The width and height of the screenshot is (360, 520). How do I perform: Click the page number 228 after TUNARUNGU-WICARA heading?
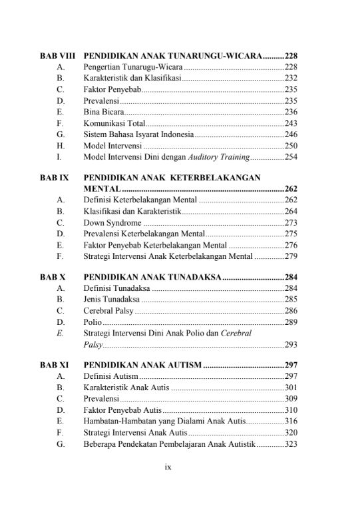[x=290, y=56]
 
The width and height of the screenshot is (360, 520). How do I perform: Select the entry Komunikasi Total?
[x=113, y=123]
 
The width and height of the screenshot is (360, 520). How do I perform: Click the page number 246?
[x=290, y=134]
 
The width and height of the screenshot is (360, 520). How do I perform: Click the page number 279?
[x=290, y=256]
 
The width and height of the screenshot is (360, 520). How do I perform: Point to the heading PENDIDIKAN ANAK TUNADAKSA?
[x=152, y=277]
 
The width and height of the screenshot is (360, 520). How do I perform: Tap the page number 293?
[x=290, y=345]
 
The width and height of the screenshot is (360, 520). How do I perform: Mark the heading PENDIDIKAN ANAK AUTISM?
[x=143, y=366]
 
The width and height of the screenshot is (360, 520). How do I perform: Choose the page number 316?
[x=290, y=421]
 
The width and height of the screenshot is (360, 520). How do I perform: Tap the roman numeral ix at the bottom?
[x=168, y=467]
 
